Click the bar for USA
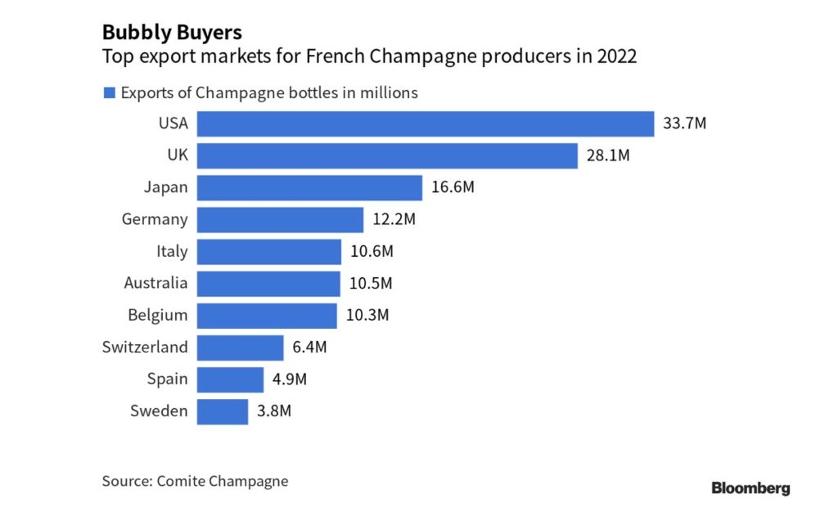click(x=426, y=124)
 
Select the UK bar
click(x=387, y=155)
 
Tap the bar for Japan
click(x=309, y=187)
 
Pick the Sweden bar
click(x=223, y=411)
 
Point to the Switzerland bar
click(x=241, y=348)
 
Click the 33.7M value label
click(x=684, y=124)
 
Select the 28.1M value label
click(x=608, y=155)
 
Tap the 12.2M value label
click(x=394, y=219)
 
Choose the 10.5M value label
click(x=372, y=284)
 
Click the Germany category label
click(x=155, y=219)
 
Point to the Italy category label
click(x=172, y=252)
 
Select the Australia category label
click(x=155, y=284)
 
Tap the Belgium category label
click(x=158, y=316)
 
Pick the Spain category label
click(x=168, y=380)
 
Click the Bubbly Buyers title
click(x=171, y=33)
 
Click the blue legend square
click(x=109, y=93)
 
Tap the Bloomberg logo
click(x=750, y=489)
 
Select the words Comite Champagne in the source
click(x=222, y=481)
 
